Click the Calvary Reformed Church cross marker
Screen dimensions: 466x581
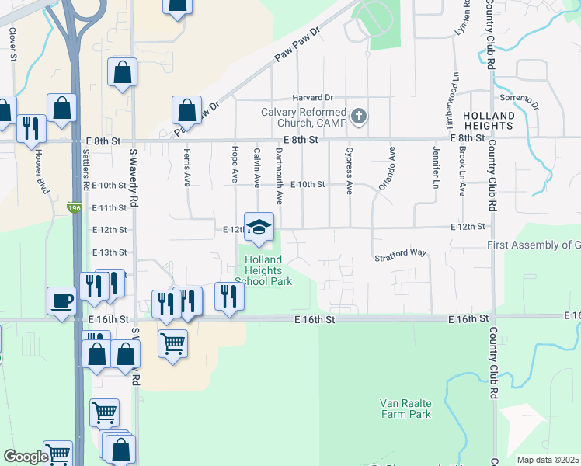click(358, 117)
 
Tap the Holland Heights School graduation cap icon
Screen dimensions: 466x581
click(259, 227)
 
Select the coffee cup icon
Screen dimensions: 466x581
click(61, 301)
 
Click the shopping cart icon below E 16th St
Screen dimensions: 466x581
click(172, 342)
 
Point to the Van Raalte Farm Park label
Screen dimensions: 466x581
click(405, 409)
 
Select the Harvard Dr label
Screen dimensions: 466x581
click(312, 98)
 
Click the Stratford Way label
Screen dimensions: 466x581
click(401, 254)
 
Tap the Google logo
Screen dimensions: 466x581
click(26, 457)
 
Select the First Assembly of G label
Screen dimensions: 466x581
click(534, 245)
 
